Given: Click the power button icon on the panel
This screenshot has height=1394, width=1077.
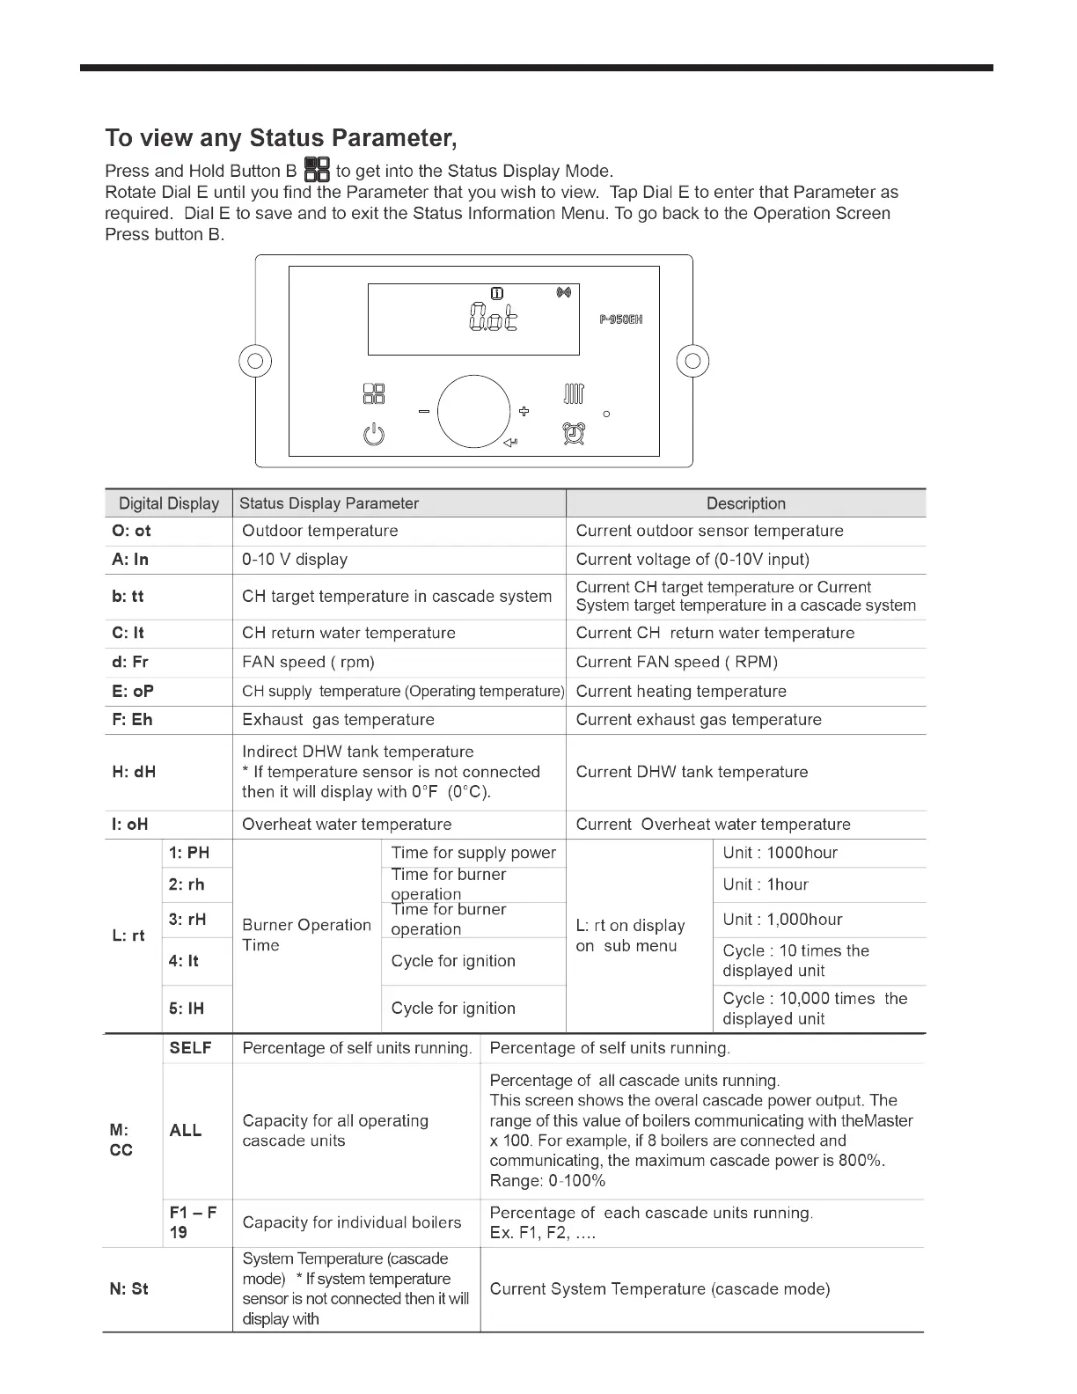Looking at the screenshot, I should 374,434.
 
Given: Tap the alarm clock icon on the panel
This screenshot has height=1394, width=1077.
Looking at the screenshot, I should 575,433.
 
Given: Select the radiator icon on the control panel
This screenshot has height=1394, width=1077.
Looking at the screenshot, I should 574,393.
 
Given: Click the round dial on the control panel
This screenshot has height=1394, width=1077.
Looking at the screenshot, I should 473,412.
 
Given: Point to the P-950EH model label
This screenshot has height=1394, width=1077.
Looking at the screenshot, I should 621,319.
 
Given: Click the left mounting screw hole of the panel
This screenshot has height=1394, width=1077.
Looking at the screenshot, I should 255,361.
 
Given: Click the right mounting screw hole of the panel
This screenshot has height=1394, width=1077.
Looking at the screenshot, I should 692,361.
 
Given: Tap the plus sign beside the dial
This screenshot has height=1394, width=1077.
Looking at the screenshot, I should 524,411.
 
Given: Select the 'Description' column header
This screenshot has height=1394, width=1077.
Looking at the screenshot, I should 745,503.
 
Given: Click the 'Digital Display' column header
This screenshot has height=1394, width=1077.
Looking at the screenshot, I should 169,503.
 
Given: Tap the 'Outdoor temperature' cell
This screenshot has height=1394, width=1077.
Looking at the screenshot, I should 320,531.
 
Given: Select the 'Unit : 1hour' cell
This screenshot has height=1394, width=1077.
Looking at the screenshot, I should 765,884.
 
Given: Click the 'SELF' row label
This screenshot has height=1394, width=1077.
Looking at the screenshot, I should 190,1048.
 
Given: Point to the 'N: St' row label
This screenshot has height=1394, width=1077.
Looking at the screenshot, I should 129,1289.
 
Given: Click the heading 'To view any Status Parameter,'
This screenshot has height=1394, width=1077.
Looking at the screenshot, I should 281,138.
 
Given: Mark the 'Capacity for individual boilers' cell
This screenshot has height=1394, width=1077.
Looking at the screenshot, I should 351,1222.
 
